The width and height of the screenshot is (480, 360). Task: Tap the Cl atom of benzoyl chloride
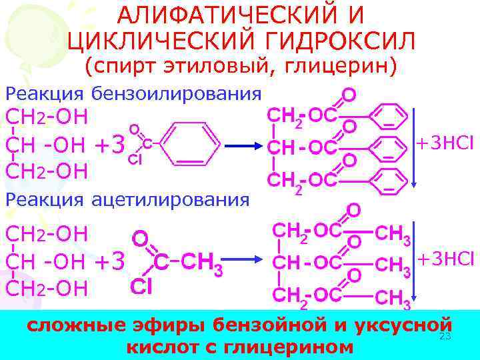click(x=133, y=159)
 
